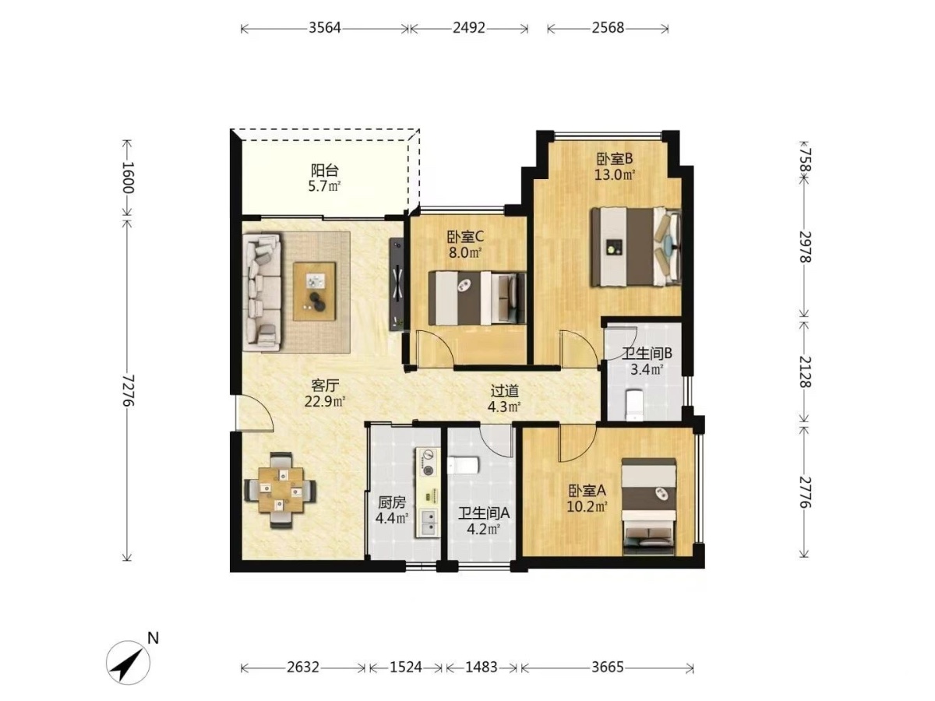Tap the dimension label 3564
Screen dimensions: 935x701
pos(325,28)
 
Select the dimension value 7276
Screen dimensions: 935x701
pos(127,390)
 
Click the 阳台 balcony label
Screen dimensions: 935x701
pos(325,171)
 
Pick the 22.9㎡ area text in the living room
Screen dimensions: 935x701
pos(325,401)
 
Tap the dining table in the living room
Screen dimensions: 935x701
pos(280,491)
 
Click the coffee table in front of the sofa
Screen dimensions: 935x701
pos(314,291)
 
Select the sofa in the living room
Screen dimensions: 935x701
pos(262,291)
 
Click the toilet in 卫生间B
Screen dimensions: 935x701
pos(634,405)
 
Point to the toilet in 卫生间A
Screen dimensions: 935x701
pos(463,465)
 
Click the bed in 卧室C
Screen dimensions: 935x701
pos(477,298)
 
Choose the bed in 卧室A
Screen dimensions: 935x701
pos(648,506)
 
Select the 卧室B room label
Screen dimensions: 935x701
pos(615,159)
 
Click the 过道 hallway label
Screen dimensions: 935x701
pos(504,391)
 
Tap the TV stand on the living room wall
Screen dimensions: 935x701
pos(397,284)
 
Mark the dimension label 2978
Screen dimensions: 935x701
pos(805,247)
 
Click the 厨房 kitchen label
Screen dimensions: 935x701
pos(392,503)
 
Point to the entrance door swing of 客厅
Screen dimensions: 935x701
pos(255,413)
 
